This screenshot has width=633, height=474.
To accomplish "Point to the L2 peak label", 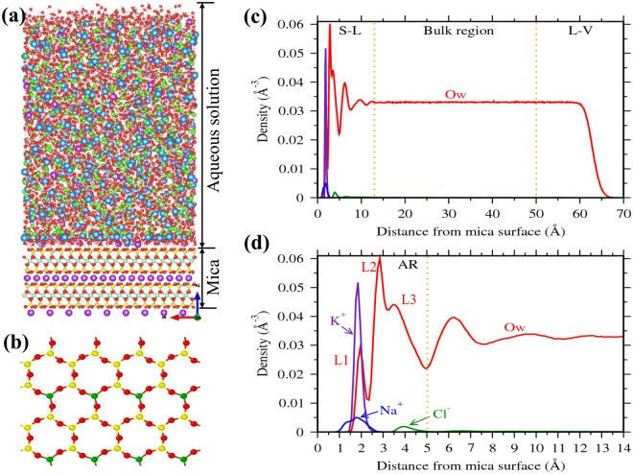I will click(367, 264).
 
